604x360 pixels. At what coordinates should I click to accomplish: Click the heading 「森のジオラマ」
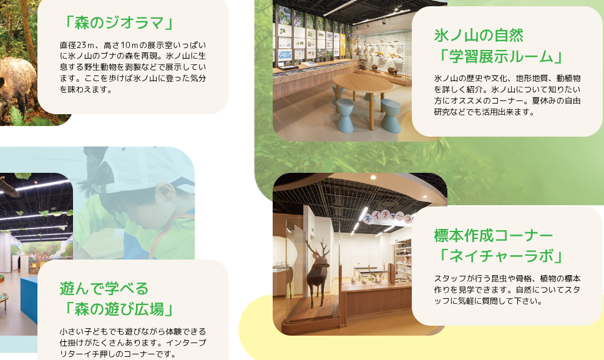(119, 23)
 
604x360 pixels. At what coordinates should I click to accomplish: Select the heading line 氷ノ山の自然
(479, 36)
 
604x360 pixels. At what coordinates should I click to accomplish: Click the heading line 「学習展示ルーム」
(500, 57)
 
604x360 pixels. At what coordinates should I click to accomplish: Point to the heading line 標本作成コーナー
(494, 236)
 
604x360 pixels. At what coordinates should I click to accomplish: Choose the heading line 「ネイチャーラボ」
(500, 256)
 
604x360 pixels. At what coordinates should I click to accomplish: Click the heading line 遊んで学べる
(104, 288)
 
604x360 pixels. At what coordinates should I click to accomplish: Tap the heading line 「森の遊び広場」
(119, 309)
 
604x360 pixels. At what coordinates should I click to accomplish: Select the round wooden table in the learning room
(362, 85)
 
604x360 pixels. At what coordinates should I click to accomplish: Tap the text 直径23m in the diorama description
(77, 45)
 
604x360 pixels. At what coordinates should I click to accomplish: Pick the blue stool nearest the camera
(391, 115)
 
